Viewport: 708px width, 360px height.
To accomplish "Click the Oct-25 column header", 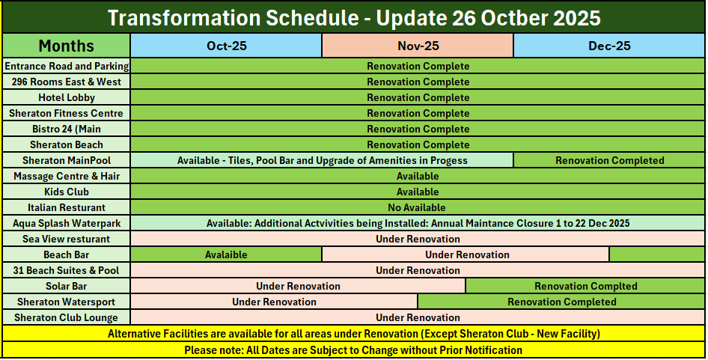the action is coord(226,46).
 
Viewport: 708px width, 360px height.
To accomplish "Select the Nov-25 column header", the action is coord(418,46).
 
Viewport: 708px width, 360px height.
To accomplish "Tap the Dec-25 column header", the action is coord(609,46).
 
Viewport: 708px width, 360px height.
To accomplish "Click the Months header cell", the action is coord(67,46).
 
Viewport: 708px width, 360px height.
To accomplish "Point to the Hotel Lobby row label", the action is coord(67,97).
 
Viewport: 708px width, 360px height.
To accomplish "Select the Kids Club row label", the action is coord(67,192).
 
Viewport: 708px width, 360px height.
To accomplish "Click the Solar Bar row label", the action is coord(67,286).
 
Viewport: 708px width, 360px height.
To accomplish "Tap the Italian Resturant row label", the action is coord(67,207).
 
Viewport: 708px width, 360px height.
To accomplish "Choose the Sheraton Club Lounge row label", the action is coord(67,317).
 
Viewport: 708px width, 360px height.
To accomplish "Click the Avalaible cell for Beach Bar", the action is coord(226,254).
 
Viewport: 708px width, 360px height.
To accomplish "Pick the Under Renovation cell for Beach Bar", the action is coord(466,254).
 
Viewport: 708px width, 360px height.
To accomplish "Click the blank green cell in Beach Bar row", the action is coord(657,254).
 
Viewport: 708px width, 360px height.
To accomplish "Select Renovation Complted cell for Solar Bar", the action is coord(586,286).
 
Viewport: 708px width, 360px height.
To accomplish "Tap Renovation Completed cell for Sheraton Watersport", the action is coord(562,302).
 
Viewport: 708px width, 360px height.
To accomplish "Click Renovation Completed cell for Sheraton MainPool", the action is coord(609,160).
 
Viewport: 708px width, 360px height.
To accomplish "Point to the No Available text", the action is coord(417,208).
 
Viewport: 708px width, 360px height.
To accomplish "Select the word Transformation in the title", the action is coord(183,18).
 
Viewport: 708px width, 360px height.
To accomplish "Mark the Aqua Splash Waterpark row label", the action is coord(67,223).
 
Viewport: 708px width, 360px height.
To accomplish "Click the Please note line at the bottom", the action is coord(353,350).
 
